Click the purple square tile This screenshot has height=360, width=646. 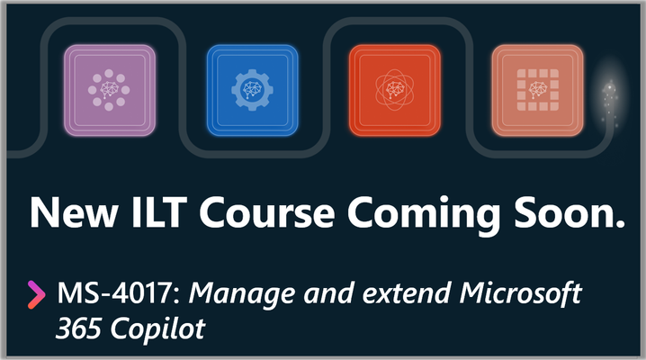tap(110, 90)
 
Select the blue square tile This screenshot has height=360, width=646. tap(252, 90)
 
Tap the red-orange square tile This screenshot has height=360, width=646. tap(395, 90)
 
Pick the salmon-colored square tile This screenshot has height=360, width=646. tap(538, 90)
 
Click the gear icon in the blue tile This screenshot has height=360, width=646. tap(252, 90)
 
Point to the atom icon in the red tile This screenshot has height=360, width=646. tap(395, 90)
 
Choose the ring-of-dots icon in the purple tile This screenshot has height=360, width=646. tap(109, 90)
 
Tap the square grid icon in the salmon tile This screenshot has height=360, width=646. tap(538, 90)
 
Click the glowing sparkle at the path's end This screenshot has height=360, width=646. tap(609, 101)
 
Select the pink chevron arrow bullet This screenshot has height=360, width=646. tap(36, 294)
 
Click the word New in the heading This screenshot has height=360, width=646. tap(74, 212)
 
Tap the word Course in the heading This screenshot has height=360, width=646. tap(267, 212)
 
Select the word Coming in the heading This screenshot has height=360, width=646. tap(424, 215)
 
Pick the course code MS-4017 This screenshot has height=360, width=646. tap(114, 293)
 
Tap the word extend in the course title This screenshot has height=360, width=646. tap(406, 293)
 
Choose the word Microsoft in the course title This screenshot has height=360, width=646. tap(521, 293)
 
